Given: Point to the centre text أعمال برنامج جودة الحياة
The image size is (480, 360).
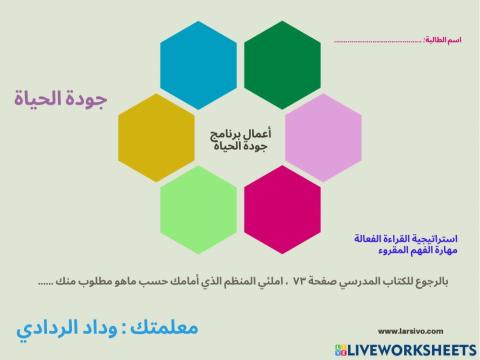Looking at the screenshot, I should click(x=240, y=139).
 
